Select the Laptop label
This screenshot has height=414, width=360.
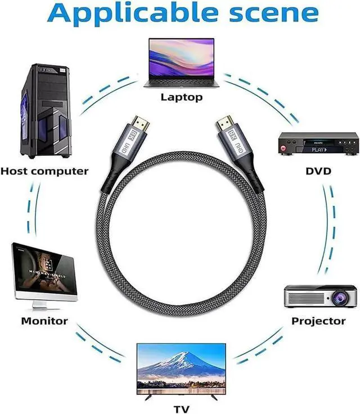pyautogui.click(x=181, y=97)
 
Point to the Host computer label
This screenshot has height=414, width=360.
pyautogui.click(x=44, y=170)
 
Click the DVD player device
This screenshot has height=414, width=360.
pyautogui.click(x=318, y=145)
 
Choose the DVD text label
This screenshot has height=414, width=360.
pyautogui.click(x=318, y=170)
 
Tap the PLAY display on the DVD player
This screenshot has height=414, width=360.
pyautogui.click(x=319, y=150)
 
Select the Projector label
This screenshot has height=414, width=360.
pyautogui.click(x=318, y=321)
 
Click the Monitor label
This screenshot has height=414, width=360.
pyautogui.click(x=44, y=321)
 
